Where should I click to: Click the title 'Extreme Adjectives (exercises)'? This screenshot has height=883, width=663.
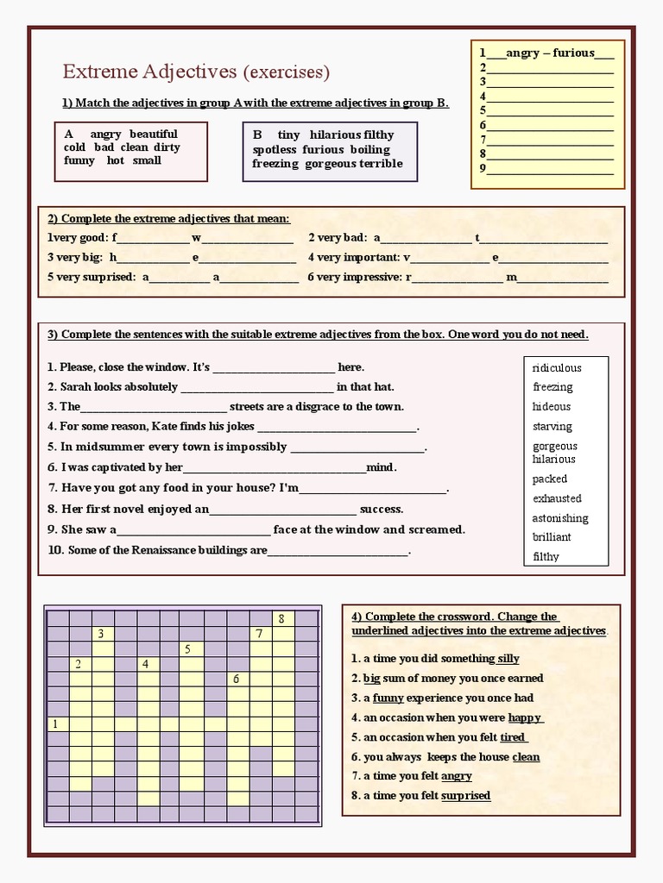(196, 71)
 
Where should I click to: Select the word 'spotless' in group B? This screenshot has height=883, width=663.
(275, 149)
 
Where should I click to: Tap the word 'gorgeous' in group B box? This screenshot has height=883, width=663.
(330, 164)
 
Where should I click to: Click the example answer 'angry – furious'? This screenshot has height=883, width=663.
(550, 53)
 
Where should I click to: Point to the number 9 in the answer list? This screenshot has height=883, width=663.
(483, 169)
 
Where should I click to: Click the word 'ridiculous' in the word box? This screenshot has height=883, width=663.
(557, 368)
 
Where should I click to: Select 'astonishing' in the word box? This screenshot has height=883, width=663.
(560, 518)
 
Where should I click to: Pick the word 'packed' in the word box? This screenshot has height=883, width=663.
(550, 479)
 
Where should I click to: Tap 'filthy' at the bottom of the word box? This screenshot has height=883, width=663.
(546, 557)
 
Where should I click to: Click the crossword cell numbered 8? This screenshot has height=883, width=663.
(282, 618)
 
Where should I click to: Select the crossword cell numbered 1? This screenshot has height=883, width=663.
(56, 724)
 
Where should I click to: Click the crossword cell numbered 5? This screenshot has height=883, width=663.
(188, 648)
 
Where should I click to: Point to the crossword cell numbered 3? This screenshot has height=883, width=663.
(101, 634)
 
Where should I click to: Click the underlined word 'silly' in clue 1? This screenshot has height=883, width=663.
(508, 659)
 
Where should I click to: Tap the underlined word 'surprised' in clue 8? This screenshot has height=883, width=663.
(465, 796)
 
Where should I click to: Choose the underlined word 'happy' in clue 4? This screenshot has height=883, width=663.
(525, 717)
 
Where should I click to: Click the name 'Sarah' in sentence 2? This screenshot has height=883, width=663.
(75, 387)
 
